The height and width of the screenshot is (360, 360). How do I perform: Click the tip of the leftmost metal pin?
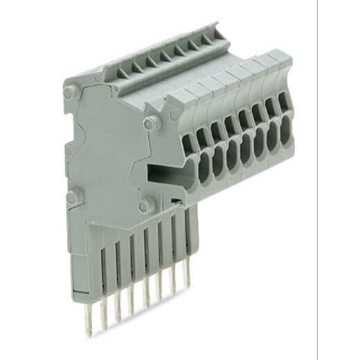(89, 331)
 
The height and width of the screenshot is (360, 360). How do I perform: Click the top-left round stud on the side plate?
(69, 92)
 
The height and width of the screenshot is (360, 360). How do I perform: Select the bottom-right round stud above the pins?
(143, 206)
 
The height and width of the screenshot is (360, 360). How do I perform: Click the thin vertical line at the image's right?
(317, 180)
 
